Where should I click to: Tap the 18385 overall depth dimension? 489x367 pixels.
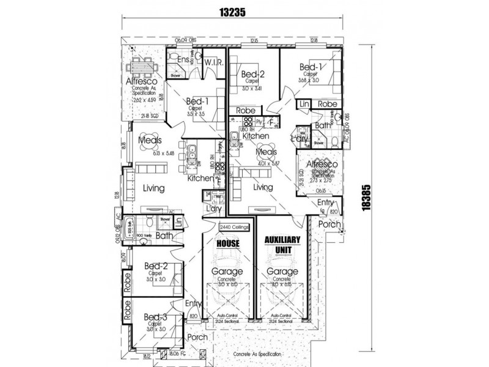pyautogui.click(x=366, y=197)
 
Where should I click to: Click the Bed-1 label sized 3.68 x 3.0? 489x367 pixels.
pyautogui.click(x=311, y=67)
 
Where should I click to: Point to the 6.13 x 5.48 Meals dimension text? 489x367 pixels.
pyautogui.click(x=150, y=154)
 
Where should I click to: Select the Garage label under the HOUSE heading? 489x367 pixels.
pyautogui.click(x=227, y=271)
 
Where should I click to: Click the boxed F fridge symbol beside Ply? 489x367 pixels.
pyautogui.click(x=271, y=122)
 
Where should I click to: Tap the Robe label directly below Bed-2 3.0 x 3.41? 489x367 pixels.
pyautogui.click(x=241, y=111)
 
